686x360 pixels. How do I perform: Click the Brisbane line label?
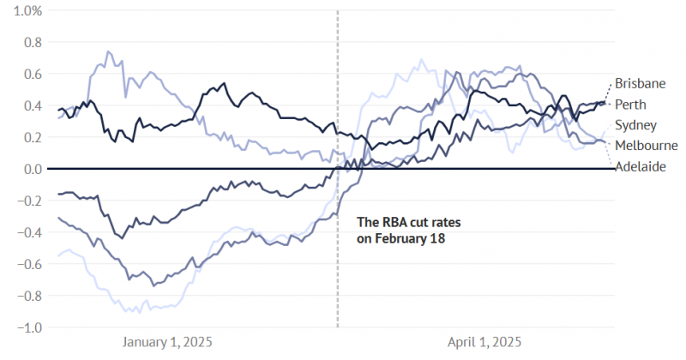click(641, 84)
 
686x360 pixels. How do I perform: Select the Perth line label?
click(633, 105)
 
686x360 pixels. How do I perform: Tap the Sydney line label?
click(636, 125)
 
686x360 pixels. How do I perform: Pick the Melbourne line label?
click(647, 146)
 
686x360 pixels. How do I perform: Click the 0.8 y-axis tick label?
click(20, 42)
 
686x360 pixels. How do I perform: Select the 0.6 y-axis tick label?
click(20, 74)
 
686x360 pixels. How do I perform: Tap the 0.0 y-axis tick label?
click(20, 169)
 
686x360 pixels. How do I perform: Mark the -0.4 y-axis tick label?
click(17, 232)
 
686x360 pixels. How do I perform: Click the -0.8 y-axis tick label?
click(17, 296)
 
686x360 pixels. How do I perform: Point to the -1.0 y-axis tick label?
click(17, 327)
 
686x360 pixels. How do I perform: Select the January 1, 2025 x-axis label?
click(167, 342)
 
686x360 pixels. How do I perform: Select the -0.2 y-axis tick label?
click(17, 201)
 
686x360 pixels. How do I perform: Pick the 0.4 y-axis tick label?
click(20, 105)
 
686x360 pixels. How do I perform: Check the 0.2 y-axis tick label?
click(20, 137)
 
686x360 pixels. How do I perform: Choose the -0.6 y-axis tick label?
click(17, 264)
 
